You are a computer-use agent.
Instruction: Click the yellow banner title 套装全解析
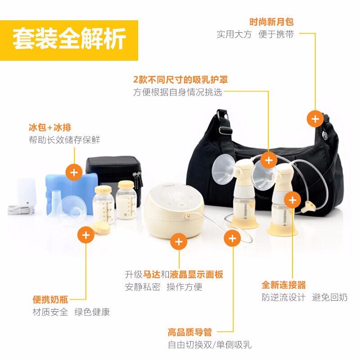69,39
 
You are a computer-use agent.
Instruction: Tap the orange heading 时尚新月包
272,22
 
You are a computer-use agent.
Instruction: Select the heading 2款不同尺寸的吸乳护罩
180,80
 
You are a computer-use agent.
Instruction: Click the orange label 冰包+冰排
50,127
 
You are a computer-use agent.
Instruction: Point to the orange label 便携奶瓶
50,299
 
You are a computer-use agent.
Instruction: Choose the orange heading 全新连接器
284,285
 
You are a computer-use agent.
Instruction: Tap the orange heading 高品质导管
190,332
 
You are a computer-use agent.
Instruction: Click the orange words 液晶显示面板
197,274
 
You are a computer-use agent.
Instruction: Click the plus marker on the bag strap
315,119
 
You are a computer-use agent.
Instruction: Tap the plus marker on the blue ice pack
74,172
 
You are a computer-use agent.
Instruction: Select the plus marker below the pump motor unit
179,242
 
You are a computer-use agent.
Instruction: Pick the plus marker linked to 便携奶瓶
86,235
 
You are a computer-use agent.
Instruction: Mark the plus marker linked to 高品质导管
232,238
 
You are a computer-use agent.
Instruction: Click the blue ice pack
69,193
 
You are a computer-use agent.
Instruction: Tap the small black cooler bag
114,175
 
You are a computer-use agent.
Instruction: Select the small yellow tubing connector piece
308,206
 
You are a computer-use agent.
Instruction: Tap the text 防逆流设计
284,297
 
